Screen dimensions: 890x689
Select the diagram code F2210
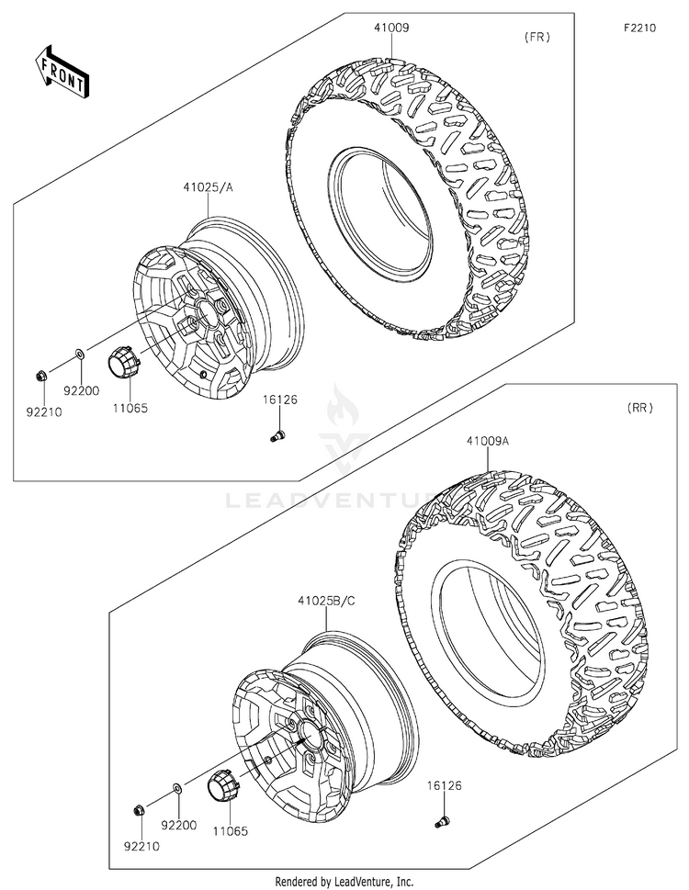click(639, 28)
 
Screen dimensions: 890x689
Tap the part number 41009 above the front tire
click(391, 28)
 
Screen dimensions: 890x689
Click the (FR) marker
click(537, 38)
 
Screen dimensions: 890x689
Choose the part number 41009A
click(487, 441)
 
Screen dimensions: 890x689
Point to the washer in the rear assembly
click(175, 787)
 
